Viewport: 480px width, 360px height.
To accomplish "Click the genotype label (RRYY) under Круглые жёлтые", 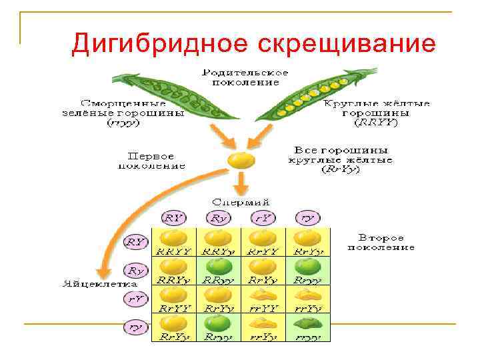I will pos(376,122).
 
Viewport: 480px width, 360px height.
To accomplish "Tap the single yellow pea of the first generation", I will pos(240,161).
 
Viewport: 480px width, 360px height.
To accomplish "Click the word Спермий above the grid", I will pos(241,201).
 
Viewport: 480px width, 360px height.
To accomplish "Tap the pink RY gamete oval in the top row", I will pos(175,217).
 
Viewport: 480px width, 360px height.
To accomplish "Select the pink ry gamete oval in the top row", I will pos(307,217).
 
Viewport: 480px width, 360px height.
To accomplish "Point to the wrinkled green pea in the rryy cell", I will pos(307,324).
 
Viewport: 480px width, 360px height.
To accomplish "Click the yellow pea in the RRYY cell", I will pos(175,238).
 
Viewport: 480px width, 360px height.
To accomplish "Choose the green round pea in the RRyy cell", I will pos(218,267).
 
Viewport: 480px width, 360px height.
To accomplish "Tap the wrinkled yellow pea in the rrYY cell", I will pos(263,295).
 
